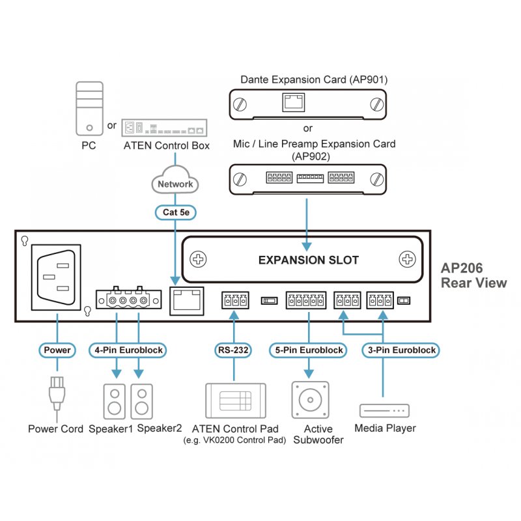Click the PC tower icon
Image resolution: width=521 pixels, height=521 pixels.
click(89, 108)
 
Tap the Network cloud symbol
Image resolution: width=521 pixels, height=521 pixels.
click(175, 184)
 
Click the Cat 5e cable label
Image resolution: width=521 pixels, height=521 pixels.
click(175, 212)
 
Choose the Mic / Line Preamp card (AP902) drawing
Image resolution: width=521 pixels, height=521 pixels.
click(307, 178)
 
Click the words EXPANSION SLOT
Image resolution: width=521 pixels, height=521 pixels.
click(308, 260)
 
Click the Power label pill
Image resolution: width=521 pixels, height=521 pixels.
click(57, 350)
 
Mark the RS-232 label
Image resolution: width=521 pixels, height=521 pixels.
click(233, 350)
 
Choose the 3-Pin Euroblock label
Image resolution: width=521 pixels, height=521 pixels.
click(400, 350)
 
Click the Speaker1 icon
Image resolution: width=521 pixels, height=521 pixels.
click(115, 401)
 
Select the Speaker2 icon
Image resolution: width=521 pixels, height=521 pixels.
click(142, 401)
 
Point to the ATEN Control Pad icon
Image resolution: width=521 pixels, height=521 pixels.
click(235, 401)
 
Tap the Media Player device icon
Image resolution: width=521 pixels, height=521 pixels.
click(384, 411)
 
